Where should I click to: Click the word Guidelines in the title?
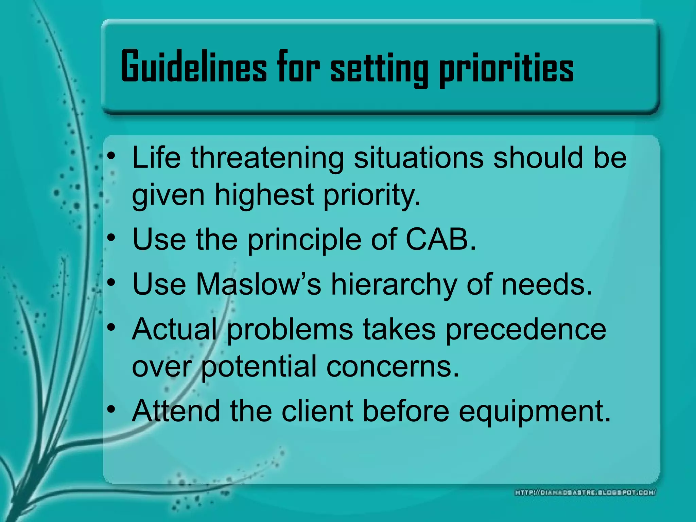point(194,67)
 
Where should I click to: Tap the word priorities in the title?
point(506,68)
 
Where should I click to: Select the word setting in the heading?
point(379,68)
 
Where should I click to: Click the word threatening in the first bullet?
point(267,158)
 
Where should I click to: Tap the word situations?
point(418,158)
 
